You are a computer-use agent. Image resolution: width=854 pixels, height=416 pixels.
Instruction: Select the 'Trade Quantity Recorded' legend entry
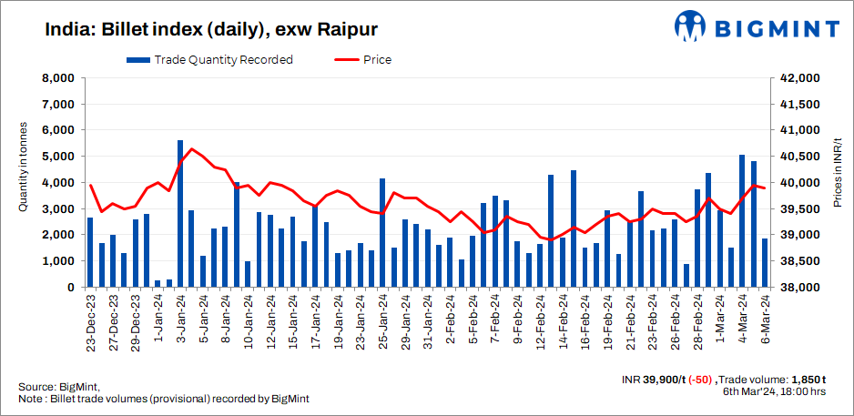point(210,60)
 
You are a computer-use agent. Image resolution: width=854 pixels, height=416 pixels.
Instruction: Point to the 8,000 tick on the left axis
point(57,78)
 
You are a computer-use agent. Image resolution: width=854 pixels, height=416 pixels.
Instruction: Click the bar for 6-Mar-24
point(765,262)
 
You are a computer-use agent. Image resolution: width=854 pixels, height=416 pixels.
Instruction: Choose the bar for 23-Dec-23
point(90,252)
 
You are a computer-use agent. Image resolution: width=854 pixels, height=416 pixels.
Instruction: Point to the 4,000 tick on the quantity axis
point(57,183)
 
